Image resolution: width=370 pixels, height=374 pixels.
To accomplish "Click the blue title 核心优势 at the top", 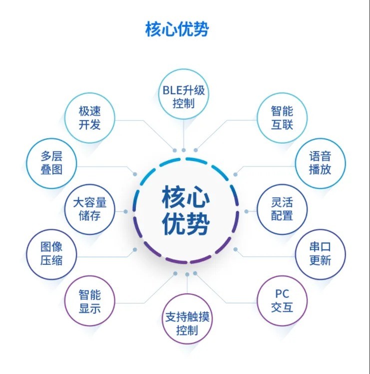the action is pyautogui.click(x=177, y=29).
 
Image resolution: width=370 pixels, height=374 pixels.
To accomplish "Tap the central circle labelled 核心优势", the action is pyautogui.click(x=186, y=210).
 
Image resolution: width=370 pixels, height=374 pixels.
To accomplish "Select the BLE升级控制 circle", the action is pyautogui.click(x=183, y=94).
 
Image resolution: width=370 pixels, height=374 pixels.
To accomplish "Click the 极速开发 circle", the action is pyautogui.click(x=90, y=118).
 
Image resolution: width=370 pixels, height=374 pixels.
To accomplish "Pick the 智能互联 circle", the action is pyautogui.click(x=282, y=118).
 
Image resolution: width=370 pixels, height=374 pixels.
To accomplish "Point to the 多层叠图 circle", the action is pyautogui.click(x=51, y=164).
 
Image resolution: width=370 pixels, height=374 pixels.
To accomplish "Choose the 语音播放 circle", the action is pyautogui.click(x=320, y=164).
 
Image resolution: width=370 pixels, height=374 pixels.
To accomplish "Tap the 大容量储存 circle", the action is pyautogui.click(x=90, y=209).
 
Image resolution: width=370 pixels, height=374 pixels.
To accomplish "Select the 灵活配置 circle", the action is pyautogui.click(x=282, y=209).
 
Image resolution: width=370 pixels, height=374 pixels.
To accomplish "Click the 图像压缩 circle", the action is pyautogui.click(x=51, y=254).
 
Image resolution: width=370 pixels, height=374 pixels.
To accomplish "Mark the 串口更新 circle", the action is pyautogui.click(x=320, y=254).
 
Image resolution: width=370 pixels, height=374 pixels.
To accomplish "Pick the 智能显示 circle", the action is pyautogui.click(x=90, y=301).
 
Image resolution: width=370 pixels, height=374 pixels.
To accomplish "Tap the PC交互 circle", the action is pyautogui.click(x=282, y=301).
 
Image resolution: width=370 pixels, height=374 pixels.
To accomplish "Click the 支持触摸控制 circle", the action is pyautogui.click(x=187, y=319).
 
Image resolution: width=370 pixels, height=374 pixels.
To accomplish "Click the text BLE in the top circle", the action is pyautogui.click(x=170, y=91).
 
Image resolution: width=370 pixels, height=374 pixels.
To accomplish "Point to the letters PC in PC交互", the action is pyautogui.click(x=282, y=294).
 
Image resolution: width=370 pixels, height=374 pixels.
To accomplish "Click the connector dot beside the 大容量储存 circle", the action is pyautogui.click(x=126, y=211).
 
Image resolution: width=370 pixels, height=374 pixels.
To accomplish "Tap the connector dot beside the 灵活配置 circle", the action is pyautogui.click(x=246, y=211).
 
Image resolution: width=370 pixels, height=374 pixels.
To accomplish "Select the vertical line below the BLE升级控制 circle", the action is pyautogui.click(x=184, y=134).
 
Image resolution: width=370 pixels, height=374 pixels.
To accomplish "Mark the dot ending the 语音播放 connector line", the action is pyautogui.click(x=235, y=175).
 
